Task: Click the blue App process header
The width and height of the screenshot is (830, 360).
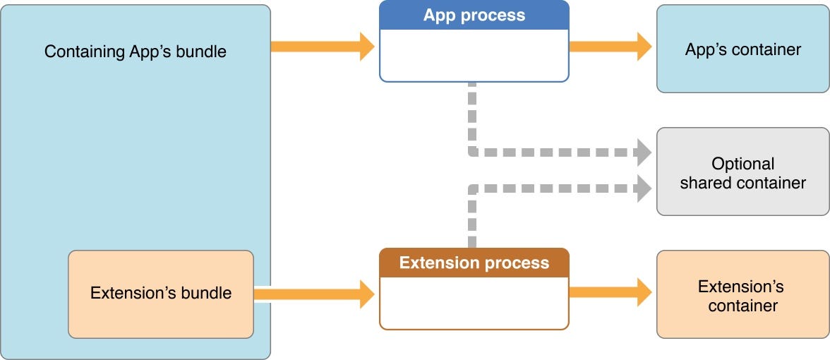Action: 474,16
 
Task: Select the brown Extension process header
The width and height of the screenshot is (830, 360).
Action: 474,263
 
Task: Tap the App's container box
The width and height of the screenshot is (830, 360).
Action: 742,49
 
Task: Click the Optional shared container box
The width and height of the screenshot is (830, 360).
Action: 742,172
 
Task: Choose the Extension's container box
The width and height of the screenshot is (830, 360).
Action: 742,295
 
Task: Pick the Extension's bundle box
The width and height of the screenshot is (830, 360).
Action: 161,293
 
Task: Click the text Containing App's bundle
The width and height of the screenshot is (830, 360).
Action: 136,52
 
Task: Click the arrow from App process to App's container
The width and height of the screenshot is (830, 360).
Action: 611,47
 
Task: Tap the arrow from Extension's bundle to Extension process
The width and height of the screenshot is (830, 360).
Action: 314,294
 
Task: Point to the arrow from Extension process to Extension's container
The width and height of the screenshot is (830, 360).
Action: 611,292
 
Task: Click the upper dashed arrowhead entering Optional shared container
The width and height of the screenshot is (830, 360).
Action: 643,151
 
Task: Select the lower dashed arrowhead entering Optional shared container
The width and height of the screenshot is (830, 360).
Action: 643,188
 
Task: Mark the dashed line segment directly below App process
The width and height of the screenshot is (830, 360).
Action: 471,113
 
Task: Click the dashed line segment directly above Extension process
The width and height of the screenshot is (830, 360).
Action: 471,219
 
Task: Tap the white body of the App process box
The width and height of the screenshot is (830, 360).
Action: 474,55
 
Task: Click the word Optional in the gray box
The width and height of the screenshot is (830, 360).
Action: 742,164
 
